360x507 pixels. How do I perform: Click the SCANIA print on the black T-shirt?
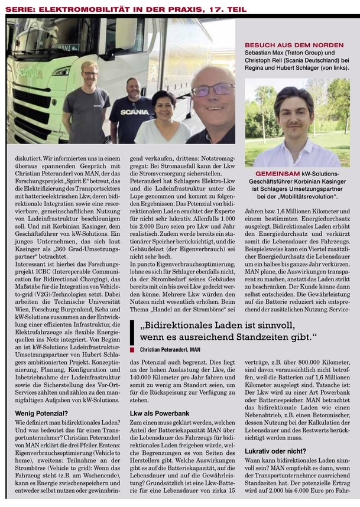coord(135,112)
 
